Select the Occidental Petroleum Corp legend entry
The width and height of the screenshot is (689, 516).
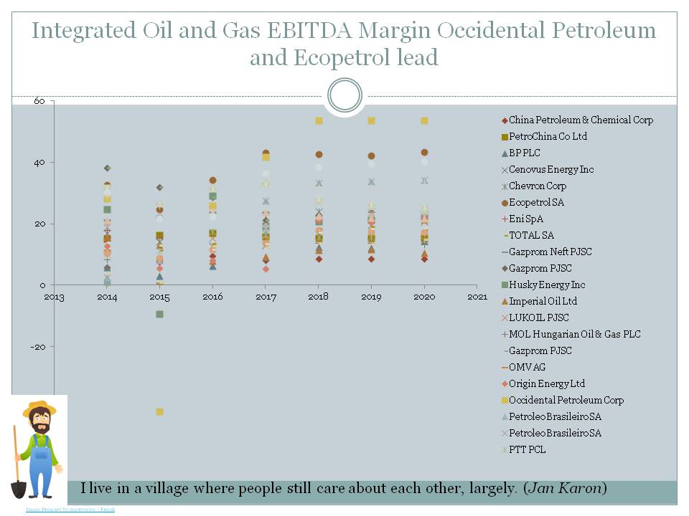[x=566, y=400]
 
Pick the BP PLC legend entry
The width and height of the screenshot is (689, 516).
[x=524, y=153]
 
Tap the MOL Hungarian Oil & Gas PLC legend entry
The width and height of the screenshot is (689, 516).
[x=574, y=334]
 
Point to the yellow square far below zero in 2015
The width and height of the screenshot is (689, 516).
[x=159, y=411]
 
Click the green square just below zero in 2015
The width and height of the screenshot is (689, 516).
[x=159, y=314]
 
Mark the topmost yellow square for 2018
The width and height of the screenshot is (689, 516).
[x=319, y=120]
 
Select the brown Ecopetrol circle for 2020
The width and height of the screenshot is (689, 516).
[x=424, y=153]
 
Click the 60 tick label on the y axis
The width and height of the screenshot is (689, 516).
[x=39, y=102]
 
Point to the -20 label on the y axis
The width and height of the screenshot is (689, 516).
[x=37, y=347]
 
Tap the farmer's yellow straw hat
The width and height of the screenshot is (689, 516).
[x=39, y=408]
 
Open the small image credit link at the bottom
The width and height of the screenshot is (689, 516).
[x=70, y=509]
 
